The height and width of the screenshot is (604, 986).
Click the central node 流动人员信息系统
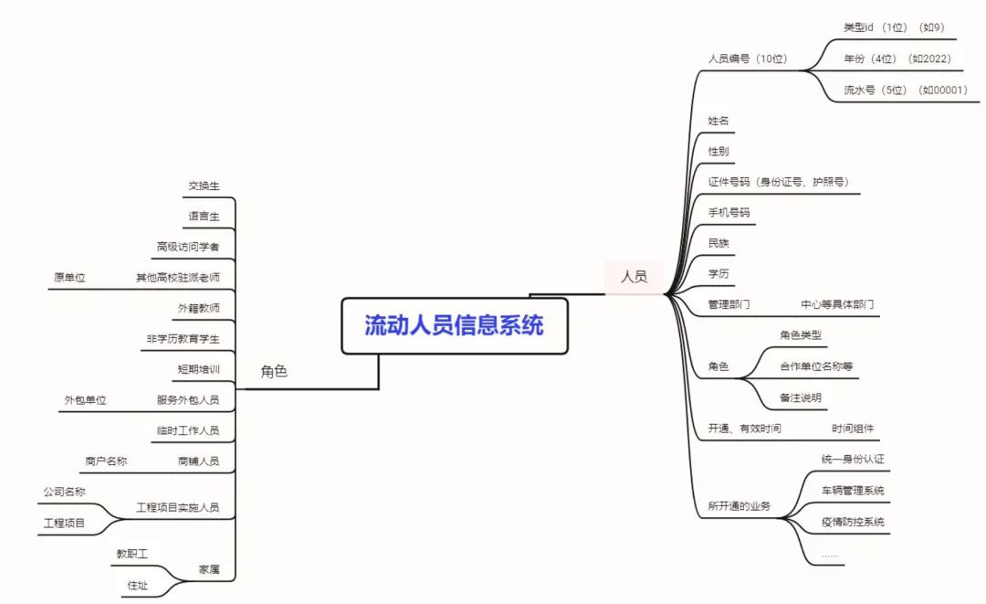(454, 325)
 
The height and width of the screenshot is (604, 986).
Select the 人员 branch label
(634, 276)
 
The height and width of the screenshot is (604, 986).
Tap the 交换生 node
(204, 185)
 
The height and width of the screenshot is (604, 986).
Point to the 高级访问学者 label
(187, 246)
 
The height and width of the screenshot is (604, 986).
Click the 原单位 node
(69, 277)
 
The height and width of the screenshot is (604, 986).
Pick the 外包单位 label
(85, 400)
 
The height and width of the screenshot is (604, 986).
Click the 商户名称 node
(106, 461)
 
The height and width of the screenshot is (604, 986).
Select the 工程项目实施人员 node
(177, 507)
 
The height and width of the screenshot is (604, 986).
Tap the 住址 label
(137, 586)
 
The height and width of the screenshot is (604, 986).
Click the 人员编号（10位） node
(747, 58)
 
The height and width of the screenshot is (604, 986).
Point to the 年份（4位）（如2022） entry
(897, 58)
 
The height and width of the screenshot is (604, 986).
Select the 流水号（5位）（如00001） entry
(905, 90)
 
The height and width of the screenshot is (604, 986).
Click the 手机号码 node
(729, 212)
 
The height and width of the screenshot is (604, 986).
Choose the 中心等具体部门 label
(837, 304)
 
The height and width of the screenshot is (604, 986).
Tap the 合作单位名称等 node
(815, 366)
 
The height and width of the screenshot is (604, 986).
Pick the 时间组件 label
(853, 428)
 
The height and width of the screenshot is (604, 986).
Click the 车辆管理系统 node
(853, 491)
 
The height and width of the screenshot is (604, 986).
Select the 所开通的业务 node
(739, 506)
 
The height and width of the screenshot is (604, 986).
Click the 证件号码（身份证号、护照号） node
(778, 182)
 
